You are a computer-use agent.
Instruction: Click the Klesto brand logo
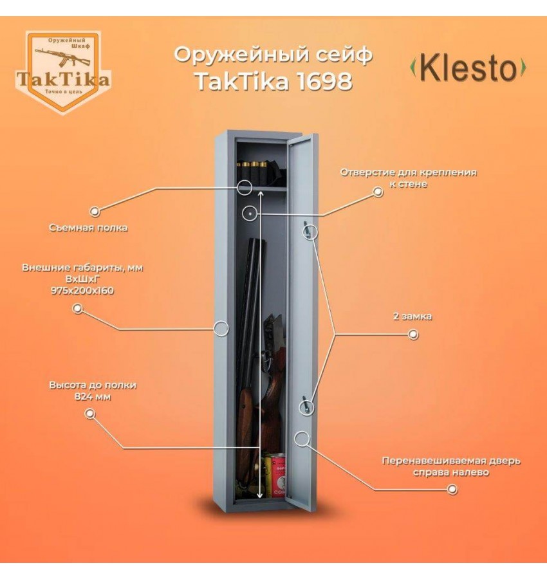coord(468,69)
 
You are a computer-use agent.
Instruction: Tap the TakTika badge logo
coord(63,71)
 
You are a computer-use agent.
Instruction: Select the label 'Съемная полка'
coord(88,228)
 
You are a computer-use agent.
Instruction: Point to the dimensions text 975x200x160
coord(82,290)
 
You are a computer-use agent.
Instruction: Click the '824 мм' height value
coord(93,396)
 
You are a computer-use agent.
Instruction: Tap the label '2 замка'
coord(413,317)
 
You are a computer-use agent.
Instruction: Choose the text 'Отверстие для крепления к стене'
coord(408,178)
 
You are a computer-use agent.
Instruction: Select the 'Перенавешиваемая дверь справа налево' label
coord(450,466)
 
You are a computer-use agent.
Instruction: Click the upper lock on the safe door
coord(309,230)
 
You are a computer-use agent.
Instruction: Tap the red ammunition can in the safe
coord(277,474)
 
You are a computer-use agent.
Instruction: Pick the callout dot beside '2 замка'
coord(414,335)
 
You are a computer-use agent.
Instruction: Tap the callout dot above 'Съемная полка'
coord(95,211)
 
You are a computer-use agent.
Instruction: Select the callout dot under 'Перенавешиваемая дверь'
coord(452,490)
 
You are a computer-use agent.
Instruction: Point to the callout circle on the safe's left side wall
coord(221,329)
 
